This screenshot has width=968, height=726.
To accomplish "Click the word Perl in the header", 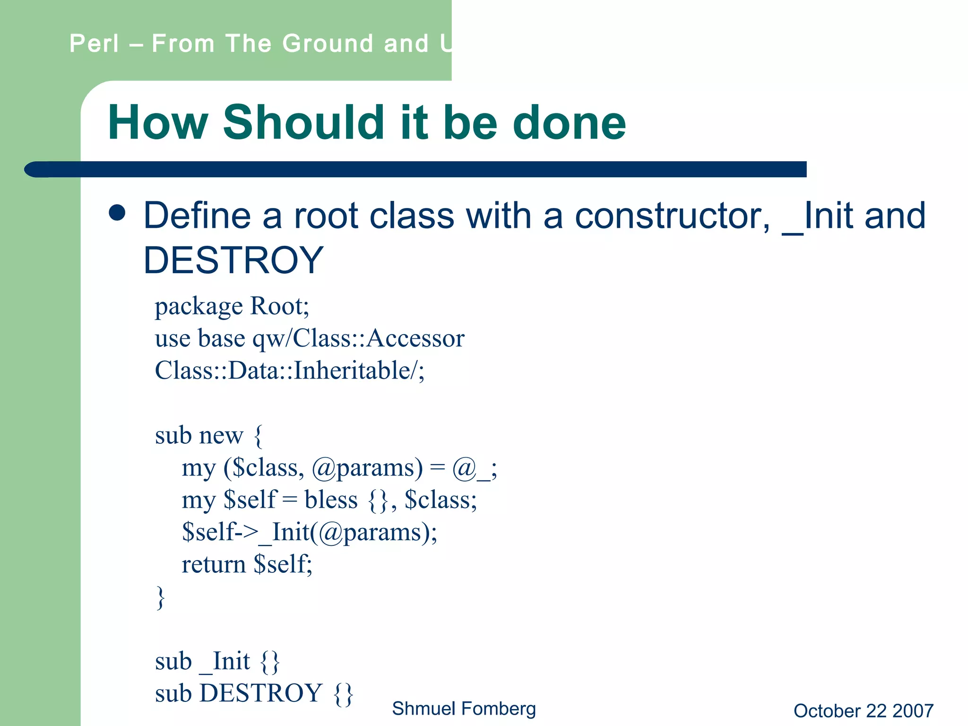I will pos(94,43).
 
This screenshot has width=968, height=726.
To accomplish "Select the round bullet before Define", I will pos(117,213).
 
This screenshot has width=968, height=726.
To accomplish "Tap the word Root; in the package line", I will pos(279,306).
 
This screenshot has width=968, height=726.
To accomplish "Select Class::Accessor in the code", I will pos(379,338).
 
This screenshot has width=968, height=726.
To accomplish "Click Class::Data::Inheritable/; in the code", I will pos(290,370).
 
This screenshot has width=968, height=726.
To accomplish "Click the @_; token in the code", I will pos(474,468).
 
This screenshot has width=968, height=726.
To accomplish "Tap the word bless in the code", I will pos(331,500).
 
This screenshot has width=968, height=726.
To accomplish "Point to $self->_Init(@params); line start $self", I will pos(208,532).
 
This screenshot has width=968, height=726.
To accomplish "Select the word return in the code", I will pos(214,564).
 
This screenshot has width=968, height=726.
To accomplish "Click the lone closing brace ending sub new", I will pos(161,598).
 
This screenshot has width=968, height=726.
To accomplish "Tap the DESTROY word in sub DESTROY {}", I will pos(261,693).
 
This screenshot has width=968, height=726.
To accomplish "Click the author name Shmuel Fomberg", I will pos(464,709).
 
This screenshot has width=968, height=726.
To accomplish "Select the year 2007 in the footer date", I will pos(913,711).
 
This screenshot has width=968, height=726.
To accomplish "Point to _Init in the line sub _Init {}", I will pos(225,661).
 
